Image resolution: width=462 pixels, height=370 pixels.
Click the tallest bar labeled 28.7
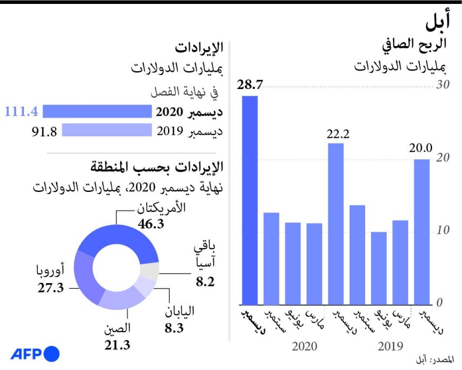tap(250, 200)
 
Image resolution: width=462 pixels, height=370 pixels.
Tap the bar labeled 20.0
tap(422, 231)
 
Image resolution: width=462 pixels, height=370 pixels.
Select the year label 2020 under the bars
tap(303, 346)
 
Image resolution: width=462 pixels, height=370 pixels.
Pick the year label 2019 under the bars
tap(390, 346)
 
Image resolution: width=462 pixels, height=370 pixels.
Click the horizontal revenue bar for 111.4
tap(97, 112)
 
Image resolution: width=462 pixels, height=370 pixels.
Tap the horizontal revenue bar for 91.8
tap(106, 130)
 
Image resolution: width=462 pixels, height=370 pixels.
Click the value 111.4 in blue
tap(21, 112)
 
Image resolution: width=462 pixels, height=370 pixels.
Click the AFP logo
tap(35, 354)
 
